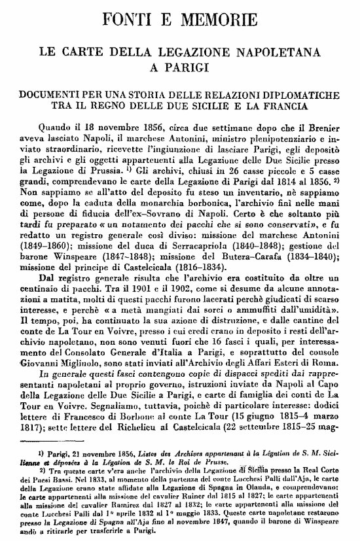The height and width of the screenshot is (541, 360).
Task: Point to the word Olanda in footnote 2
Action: (x=276, y=488)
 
